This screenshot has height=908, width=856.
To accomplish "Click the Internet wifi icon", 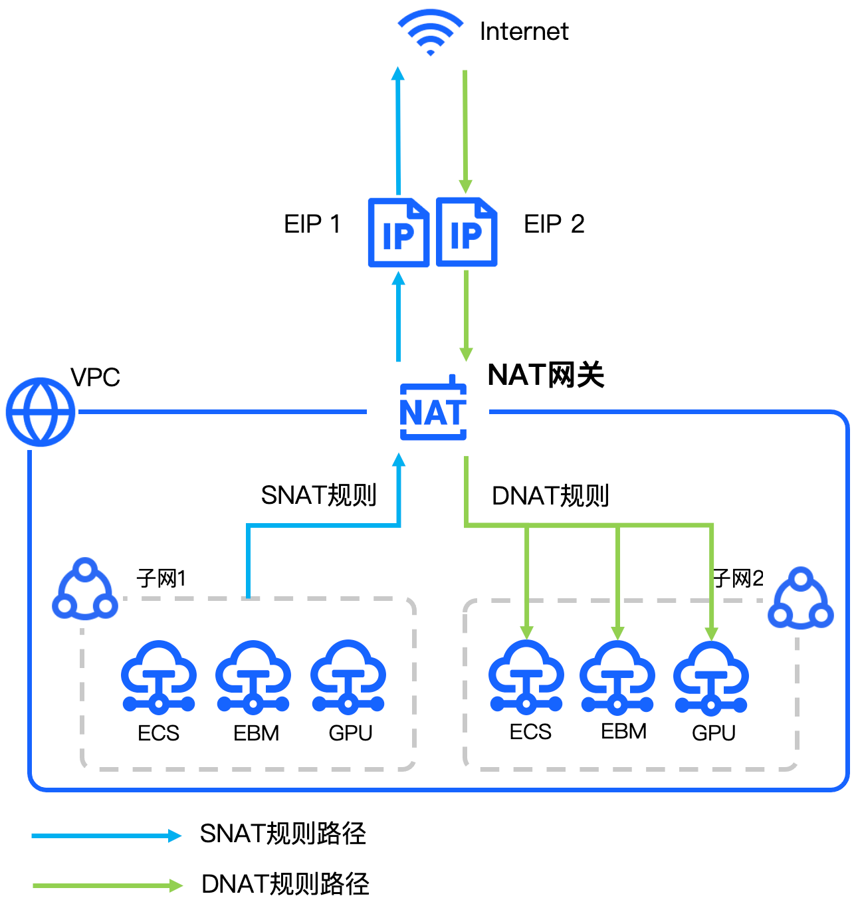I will click(430, 33).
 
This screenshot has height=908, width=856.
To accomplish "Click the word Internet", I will click(524, 31).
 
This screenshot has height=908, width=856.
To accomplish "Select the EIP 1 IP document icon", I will click(398, 232).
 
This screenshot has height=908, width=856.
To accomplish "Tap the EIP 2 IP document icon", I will click(467, 232).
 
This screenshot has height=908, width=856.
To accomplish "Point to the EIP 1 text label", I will click(312, 224).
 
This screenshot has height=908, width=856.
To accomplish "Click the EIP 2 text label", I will click(554, 224).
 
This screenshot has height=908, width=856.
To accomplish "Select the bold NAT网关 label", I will click(546, 375).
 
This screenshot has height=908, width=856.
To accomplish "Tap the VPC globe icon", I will click(41, 412).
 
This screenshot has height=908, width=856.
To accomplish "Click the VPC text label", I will click(95, 378).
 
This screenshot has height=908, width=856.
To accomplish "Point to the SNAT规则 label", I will click(318, 495).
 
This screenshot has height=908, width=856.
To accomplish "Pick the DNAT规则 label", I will click(550, 496).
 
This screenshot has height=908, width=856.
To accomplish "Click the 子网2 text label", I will click(738, 578).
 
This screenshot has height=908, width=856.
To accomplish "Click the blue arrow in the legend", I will click(106, 836).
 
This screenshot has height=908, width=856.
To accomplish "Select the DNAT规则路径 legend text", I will click(285, 884).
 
